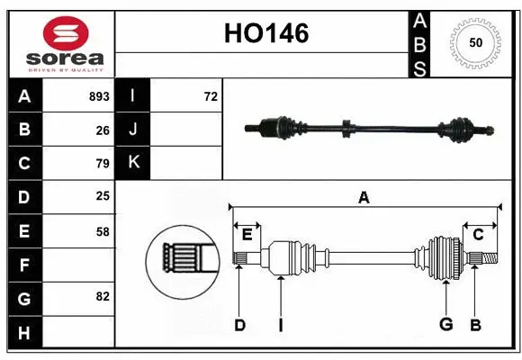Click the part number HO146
point(265,33)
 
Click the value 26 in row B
point(103,130)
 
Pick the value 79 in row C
point(103,164)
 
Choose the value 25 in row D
point(103,197)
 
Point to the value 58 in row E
point(103,231)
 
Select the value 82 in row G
point(103,297)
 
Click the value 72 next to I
point(211,96)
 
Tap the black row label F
point(24,265)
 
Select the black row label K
point(133,163)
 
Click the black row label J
point(133,130)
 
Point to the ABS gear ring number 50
point(474,43)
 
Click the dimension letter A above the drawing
point(364,197)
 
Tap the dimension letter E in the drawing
point(247,234)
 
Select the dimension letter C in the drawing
point(478,234)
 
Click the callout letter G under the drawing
point(445,324)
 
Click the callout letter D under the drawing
point(239,324)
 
